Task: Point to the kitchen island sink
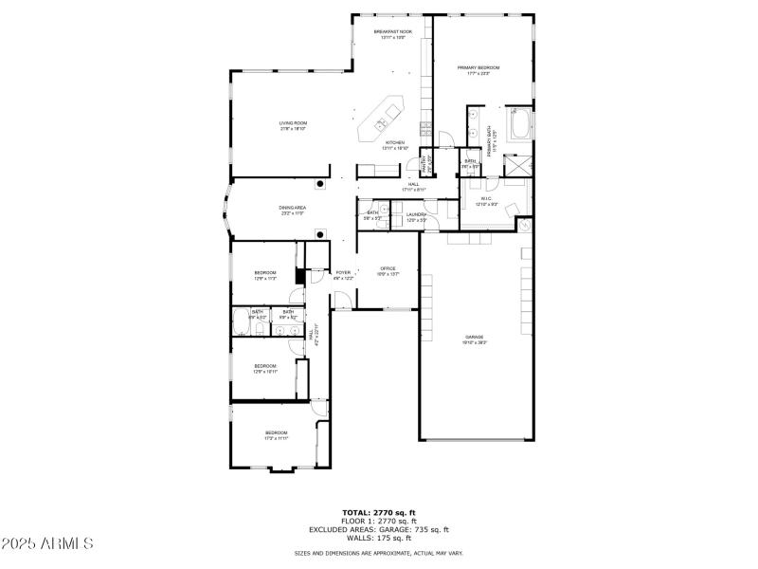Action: [381, 123]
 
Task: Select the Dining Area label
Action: [292, 210]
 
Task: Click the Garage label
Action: [474, 340]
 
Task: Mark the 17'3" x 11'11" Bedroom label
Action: [277, 435]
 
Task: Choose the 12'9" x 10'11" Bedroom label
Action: [265, 369]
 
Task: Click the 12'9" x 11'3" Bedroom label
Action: [265, 275]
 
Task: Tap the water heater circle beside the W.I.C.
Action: [525, 226]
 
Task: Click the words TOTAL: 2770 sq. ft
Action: [379, 513]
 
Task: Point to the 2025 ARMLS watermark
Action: [47, 543]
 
